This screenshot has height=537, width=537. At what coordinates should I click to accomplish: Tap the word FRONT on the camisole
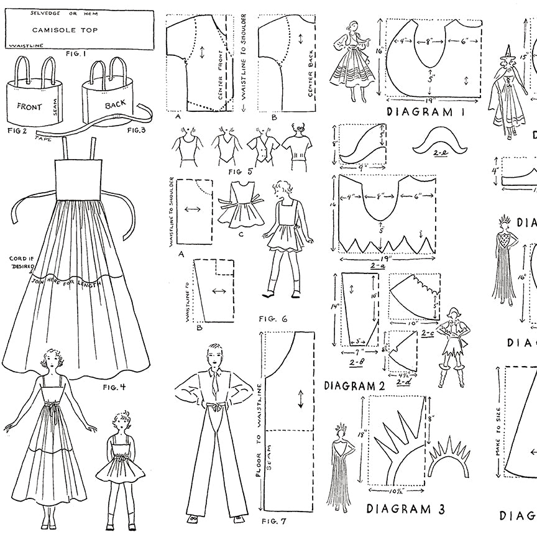(x=29, y=106)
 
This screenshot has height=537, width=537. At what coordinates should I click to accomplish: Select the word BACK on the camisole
(x=116, y=106)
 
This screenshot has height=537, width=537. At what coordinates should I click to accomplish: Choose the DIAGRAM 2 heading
(x=354, y=385)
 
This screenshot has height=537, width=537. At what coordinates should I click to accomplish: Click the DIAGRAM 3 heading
(x=406, y=508)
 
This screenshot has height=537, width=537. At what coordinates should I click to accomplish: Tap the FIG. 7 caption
(x=273, y=520)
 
